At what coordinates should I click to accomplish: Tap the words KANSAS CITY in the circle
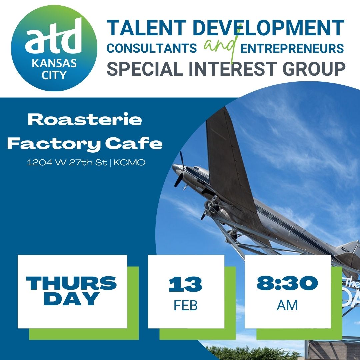(x=54, y=68)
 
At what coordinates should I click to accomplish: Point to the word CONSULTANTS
(x=152, y=49)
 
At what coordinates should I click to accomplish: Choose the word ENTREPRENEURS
(x=292, y=49)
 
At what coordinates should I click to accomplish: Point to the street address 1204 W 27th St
(x=67, y=163)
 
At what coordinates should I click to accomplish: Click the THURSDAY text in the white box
(x=72, y=291)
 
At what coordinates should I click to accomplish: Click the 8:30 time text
(x=287, y=284)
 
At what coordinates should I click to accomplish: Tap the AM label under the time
(x=287, y=305)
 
